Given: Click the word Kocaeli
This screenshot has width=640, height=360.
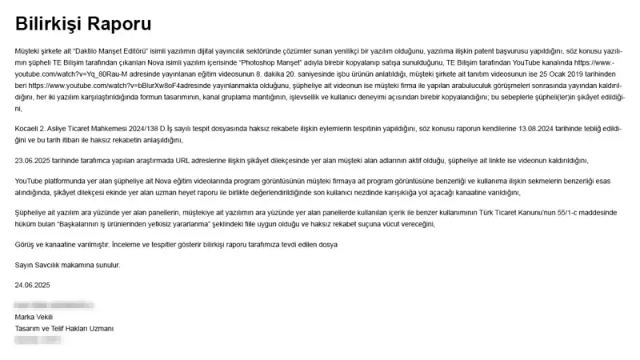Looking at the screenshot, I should point(29,127).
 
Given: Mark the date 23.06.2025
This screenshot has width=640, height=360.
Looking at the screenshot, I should point(35,160).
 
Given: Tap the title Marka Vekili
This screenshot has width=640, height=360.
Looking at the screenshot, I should point(34,317).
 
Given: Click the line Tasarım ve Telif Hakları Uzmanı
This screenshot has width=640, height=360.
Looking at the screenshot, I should point(65,328).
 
